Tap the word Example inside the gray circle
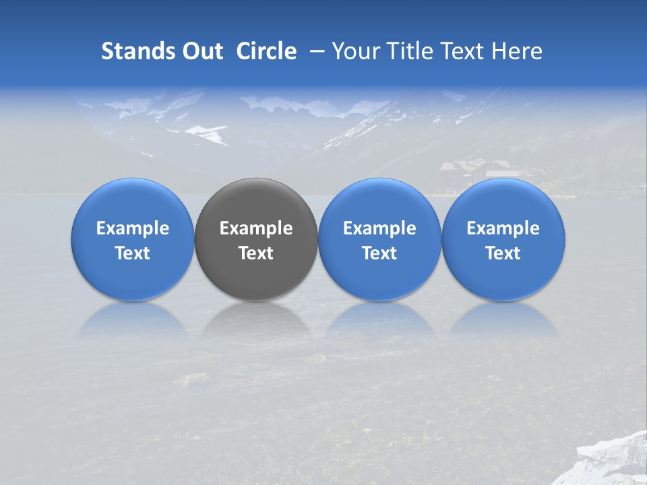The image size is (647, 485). [256, 229]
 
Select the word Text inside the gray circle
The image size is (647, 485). [256, 254]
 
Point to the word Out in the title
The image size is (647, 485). [202, 51]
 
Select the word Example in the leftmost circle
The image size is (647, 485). [133, 229]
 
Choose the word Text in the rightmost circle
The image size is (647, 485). [503, 254]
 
